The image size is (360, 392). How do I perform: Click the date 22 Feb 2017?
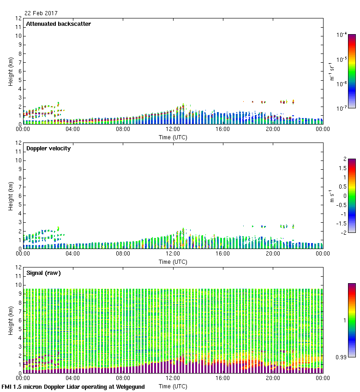41,13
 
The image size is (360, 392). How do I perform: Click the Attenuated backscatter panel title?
58,24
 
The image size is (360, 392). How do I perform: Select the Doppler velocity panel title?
48,148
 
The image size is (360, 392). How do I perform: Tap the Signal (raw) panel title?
43,273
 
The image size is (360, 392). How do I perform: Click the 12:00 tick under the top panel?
173,130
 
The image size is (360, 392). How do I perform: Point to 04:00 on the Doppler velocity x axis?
73,254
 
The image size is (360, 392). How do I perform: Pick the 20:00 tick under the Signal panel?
273,379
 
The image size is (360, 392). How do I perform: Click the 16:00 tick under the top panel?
223,130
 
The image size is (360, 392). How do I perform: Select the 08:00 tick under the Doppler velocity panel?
123,254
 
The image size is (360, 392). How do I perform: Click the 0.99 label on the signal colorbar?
341,357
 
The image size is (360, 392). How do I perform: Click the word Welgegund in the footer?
129,387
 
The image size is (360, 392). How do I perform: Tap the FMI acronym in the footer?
7,387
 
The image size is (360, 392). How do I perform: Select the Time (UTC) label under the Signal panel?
173,386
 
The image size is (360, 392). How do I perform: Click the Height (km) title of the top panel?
10,71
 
